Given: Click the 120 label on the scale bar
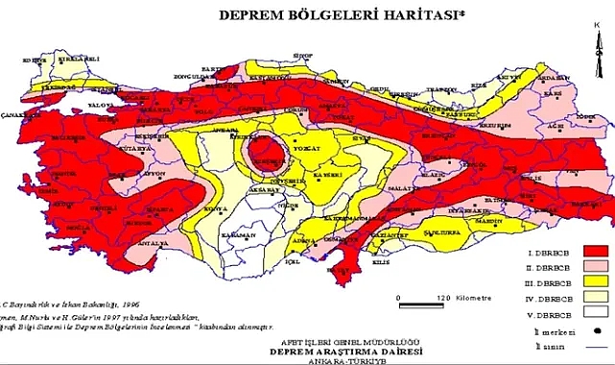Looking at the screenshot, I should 444,298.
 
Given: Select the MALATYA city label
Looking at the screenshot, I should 414,190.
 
